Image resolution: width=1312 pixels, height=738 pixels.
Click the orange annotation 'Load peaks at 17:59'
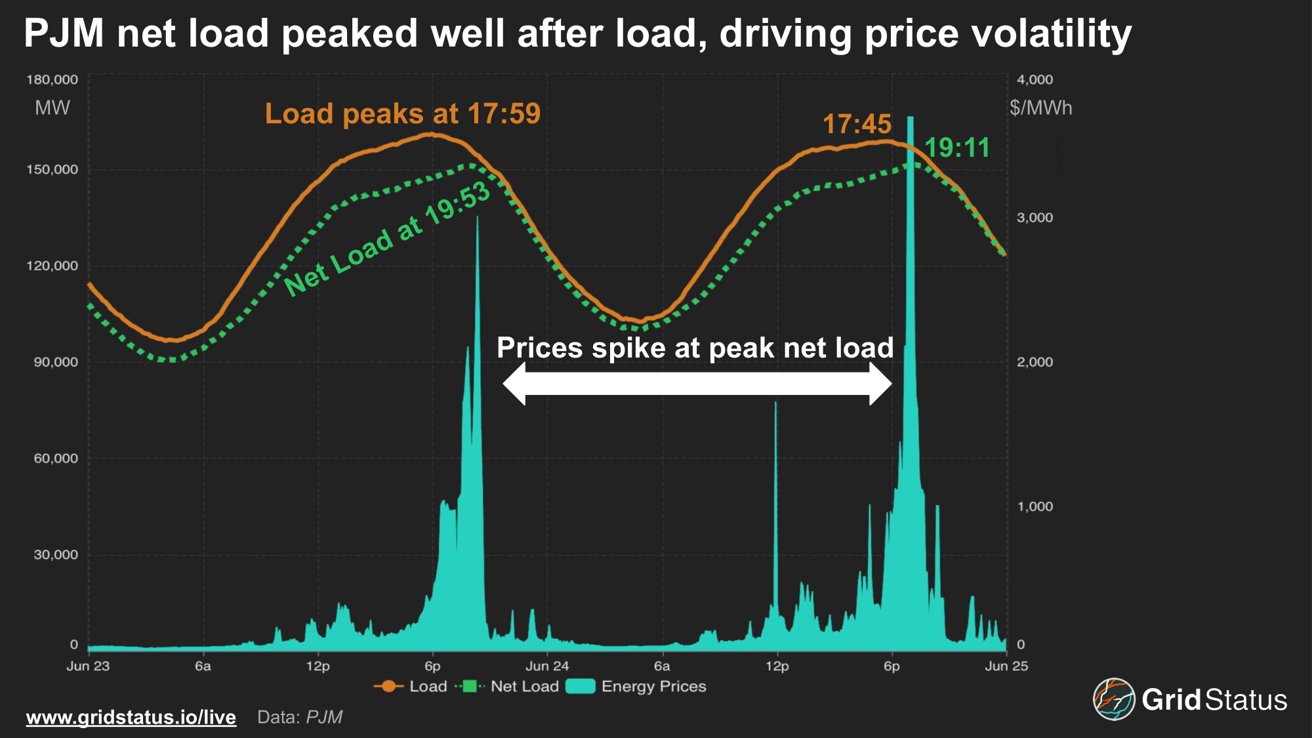click(x=402, y=113)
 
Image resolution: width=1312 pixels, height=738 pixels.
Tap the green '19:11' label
click(x=957, y=148)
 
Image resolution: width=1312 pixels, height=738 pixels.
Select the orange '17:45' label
click(x=857, y=124)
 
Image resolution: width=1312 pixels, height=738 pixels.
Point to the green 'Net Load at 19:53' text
click(x=387, y=239)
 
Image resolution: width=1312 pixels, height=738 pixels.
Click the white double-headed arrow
click(x=697, y=384)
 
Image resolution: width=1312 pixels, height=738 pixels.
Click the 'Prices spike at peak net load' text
click(x=695, y=348)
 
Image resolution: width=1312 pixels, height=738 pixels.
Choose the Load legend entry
click(x=411, y=686)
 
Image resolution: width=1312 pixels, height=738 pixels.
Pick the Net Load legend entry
click(x=508, y=686)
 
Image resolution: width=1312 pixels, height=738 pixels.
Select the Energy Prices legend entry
click(x=636, y=686)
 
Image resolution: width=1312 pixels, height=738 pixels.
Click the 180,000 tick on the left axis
click(x=52, y=79)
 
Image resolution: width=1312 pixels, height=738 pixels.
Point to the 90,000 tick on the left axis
click(x=56, y=362)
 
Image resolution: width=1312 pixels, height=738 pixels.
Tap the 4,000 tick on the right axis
click(x=1035, y=79)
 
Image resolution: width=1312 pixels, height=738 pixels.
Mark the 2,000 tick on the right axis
click(x=1035, y=362)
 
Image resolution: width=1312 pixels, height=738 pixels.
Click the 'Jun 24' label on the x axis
click(x=547, y=666)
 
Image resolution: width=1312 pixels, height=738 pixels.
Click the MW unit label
click(x=52, y=108)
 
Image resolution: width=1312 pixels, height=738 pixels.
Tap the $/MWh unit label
click(x=1041, y=108)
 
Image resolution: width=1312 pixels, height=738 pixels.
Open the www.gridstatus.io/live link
click(x=131, y=717)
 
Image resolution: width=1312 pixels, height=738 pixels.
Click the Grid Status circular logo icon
click(x=1114, y=699)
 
